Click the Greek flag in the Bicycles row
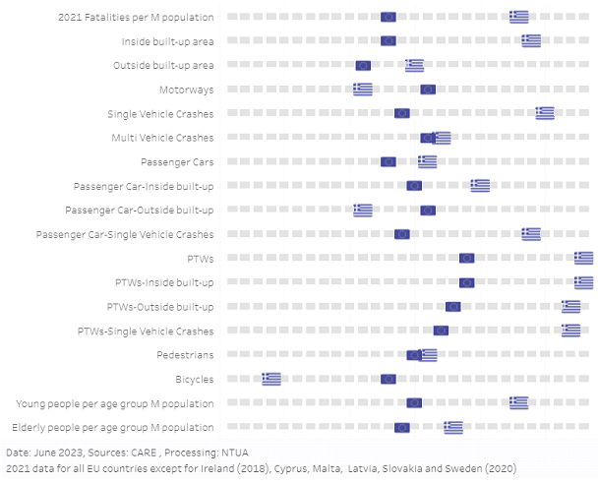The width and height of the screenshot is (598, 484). pos(271,379)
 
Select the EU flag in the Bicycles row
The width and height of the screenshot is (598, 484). pos(389,379)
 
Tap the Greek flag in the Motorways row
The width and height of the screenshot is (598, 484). pos(363,90)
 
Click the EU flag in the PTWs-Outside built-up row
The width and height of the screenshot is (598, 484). pos(452,307)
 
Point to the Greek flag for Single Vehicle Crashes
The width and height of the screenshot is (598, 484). pos(545,113)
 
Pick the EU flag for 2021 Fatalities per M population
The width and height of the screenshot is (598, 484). pos(389,17)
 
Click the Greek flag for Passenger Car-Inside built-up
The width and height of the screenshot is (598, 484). pos(480,185)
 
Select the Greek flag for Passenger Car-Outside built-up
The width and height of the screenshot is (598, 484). pos(363,210)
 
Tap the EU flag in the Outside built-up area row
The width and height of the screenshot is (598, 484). pos(363,65)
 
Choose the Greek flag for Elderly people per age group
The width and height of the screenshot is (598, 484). pos(453,427)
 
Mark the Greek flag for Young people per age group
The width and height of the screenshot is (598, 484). pos(519,402)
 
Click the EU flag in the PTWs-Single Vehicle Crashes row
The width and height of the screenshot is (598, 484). pos(441,331)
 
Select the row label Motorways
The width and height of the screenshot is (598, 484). pos(187,89)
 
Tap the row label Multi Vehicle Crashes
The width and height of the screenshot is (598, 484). pos(162,137)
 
